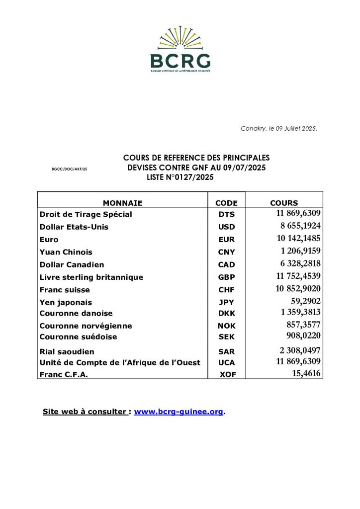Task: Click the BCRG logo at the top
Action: [x=180, y=50]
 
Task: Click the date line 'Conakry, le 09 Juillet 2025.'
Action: [x=279, y=129]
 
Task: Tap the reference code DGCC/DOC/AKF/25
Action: [x=70, y=170]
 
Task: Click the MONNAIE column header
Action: [x=122, y=203]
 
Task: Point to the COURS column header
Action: [x=284, y=203]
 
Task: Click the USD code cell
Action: [x=226, y=227]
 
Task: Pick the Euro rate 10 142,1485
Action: [x=299, y=239]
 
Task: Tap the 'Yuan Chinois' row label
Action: [x=66, y=252]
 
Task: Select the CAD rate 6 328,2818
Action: [x=299, y=264]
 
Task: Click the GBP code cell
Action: [x=226, y=277]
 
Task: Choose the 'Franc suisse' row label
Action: [x=65, y=290]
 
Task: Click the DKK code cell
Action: [x=226, y=314]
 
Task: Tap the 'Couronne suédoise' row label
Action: [x=79, y=337]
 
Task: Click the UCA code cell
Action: [x=226, y=363]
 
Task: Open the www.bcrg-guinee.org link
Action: [x=179, y=412]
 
